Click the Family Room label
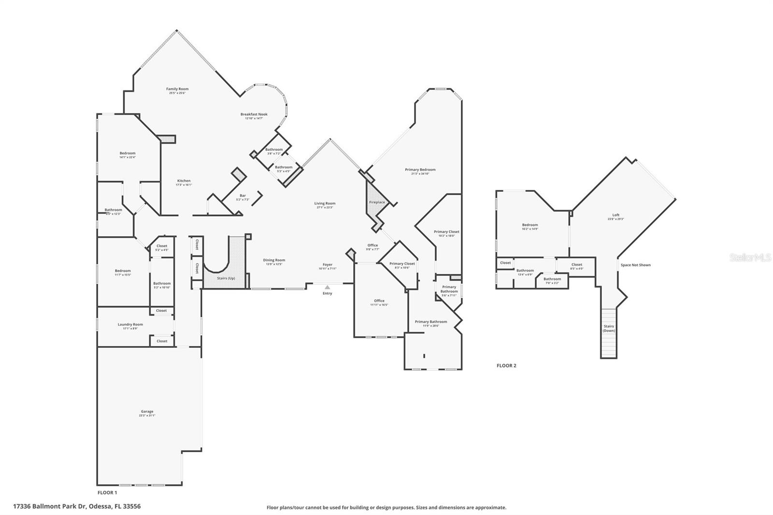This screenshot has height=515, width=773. (177, 89)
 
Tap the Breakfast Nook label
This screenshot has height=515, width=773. (254, 114)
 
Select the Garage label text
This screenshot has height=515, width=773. (147, 412)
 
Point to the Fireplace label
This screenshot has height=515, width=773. (377, 202)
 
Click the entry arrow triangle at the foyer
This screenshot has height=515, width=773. (328, 287)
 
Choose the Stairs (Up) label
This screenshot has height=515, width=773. (226, 278)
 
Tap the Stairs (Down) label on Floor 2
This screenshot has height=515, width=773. (609, 329)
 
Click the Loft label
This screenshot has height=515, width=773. (616, 215)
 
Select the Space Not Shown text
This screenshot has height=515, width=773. (635, 265)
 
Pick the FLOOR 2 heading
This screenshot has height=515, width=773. (506, 366)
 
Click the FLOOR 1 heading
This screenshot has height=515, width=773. (107, 493)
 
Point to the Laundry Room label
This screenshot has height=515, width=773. (130, 325)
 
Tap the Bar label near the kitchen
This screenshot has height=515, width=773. (243, 196)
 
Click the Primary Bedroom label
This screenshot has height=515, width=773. (420, 170)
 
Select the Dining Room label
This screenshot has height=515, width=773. (274, 260)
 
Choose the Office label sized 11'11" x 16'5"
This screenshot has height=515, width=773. (379, 300)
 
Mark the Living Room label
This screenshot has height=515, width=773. (325, 203)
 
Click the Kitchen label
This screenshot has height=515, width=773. (184, 181)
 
